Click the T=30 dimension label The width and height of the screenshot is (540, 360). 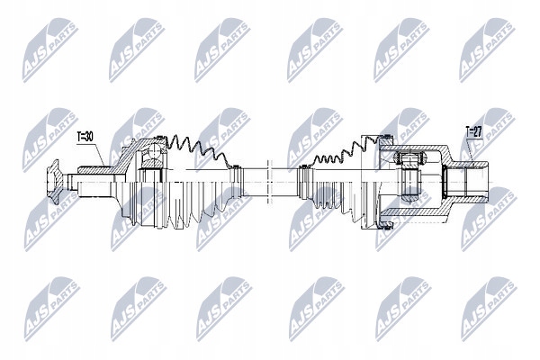[x=85, y=137]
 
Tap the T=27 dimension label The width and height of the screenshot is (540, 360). [x=474, y=131]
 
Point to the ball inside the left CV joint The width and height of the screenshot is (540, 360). [x=154, y=153]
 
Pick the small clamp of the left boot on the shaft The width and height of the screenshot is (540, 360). [x=236, y=182]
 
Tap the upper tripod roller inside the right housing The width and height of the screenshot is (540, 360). [x=409, y=158]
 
